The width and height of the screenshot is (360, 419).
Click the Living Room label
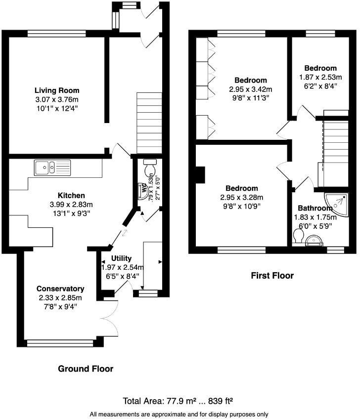(57, 90)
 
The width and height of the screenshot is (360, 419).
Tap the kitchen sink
(52, 168)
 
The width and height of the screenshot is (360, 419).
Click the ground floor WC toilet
(149, 169)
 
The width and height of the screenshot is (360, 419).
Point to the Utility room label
(121, 258)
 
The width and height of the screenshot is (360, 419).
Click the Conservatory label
(60, 289)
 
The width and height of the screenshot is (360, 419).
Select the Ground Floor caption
(86, 369)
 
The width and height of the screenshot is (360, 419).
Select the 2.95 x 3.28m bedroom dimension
(242, 197)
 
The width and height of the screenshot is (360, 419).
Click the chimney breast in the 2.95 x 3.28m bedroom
(200, 175)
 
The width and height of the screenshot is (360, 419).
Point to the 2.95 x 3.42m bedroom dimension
(251, 89)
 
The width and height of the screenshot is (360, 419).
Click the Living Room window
(56, 34)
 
